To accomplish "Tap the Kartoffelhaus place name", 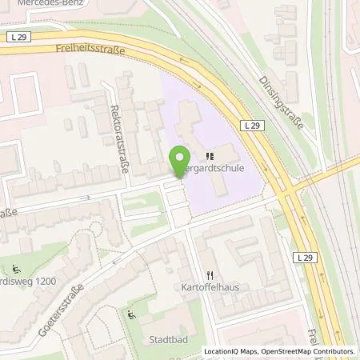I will pos(210,286).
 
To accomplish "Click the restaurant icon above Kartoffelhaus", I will pos(210,273).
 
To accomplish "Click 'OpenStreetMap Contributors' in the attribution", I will pos(309,351).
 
